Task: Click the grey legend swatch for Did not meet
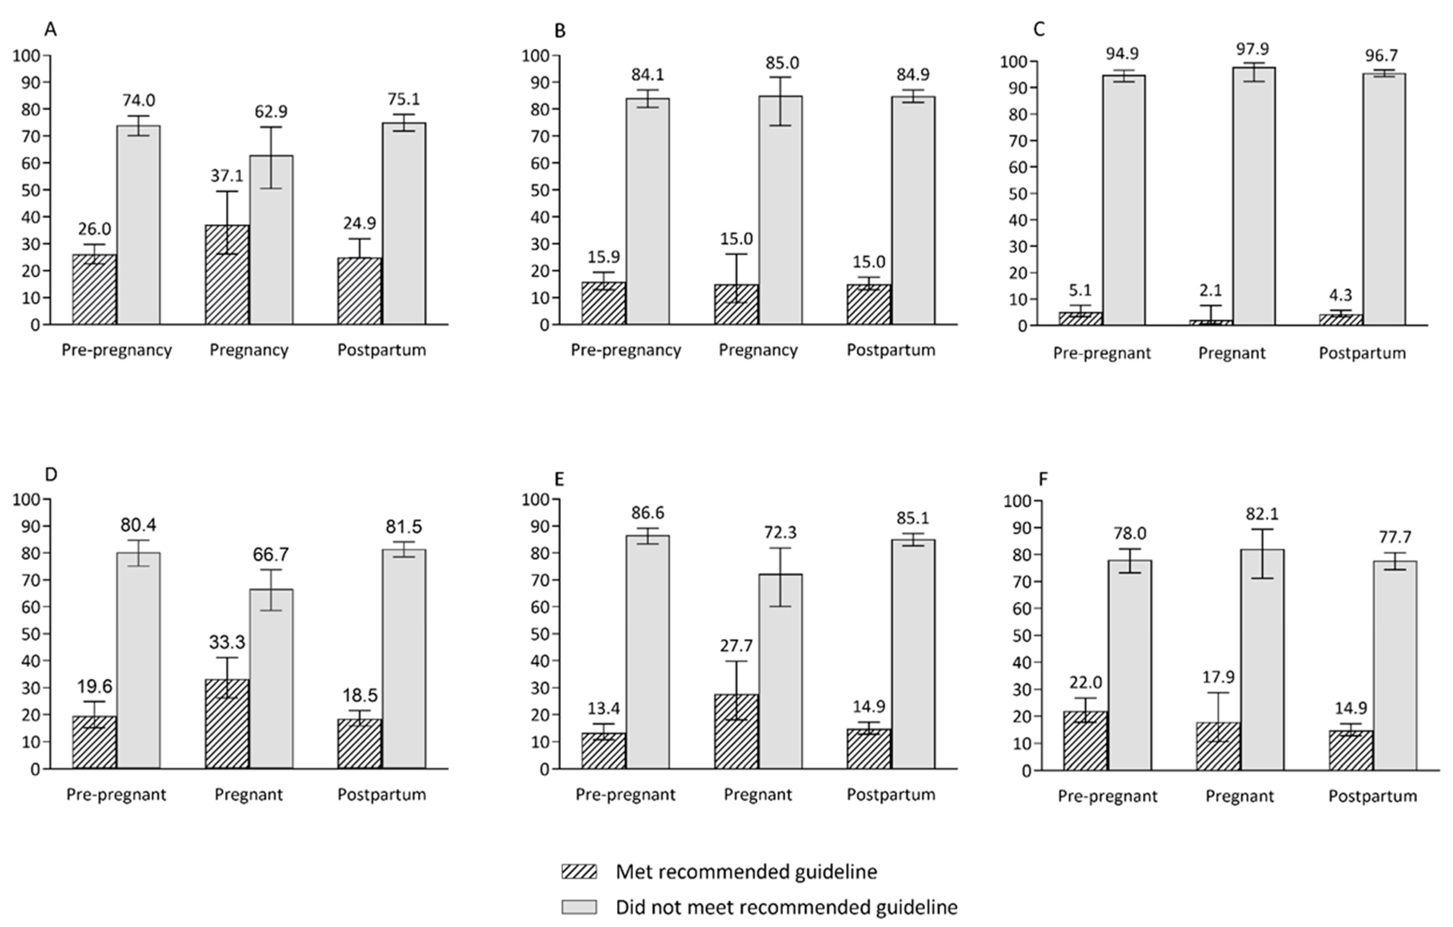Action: pyautogui.click(x=579, y=907)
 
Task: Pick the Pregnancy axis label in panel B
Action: pyautogui.click(x=758, y=351)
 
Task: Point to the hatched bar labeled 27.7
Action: pyautogui.click(x=736, y=731)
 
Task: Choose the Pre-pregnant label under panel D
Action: pyautogui.click(x=116, y=795)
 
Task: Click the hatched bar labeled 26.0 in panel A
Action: pyautogui.click(x=94, y=290)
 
